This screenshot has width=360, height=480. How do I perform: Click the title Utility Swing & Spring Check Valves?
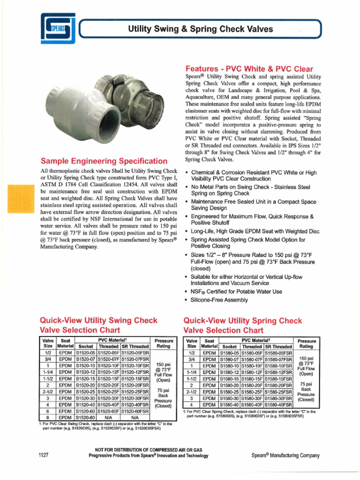coord(201,30)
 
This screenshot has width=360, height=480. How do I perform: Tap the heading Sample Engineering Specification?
coord(104,161)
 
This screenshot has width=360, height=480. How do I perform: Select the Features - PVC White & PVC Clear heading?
coord(249,68)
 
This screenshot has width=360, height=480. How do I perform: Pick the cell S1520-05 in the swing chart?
coord(86,353)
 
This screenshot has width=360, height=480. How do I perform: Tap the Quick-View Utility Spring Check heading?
coord(243,321)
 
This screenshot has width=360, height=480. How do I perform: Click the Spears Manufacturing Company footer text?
coord(285,455)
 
